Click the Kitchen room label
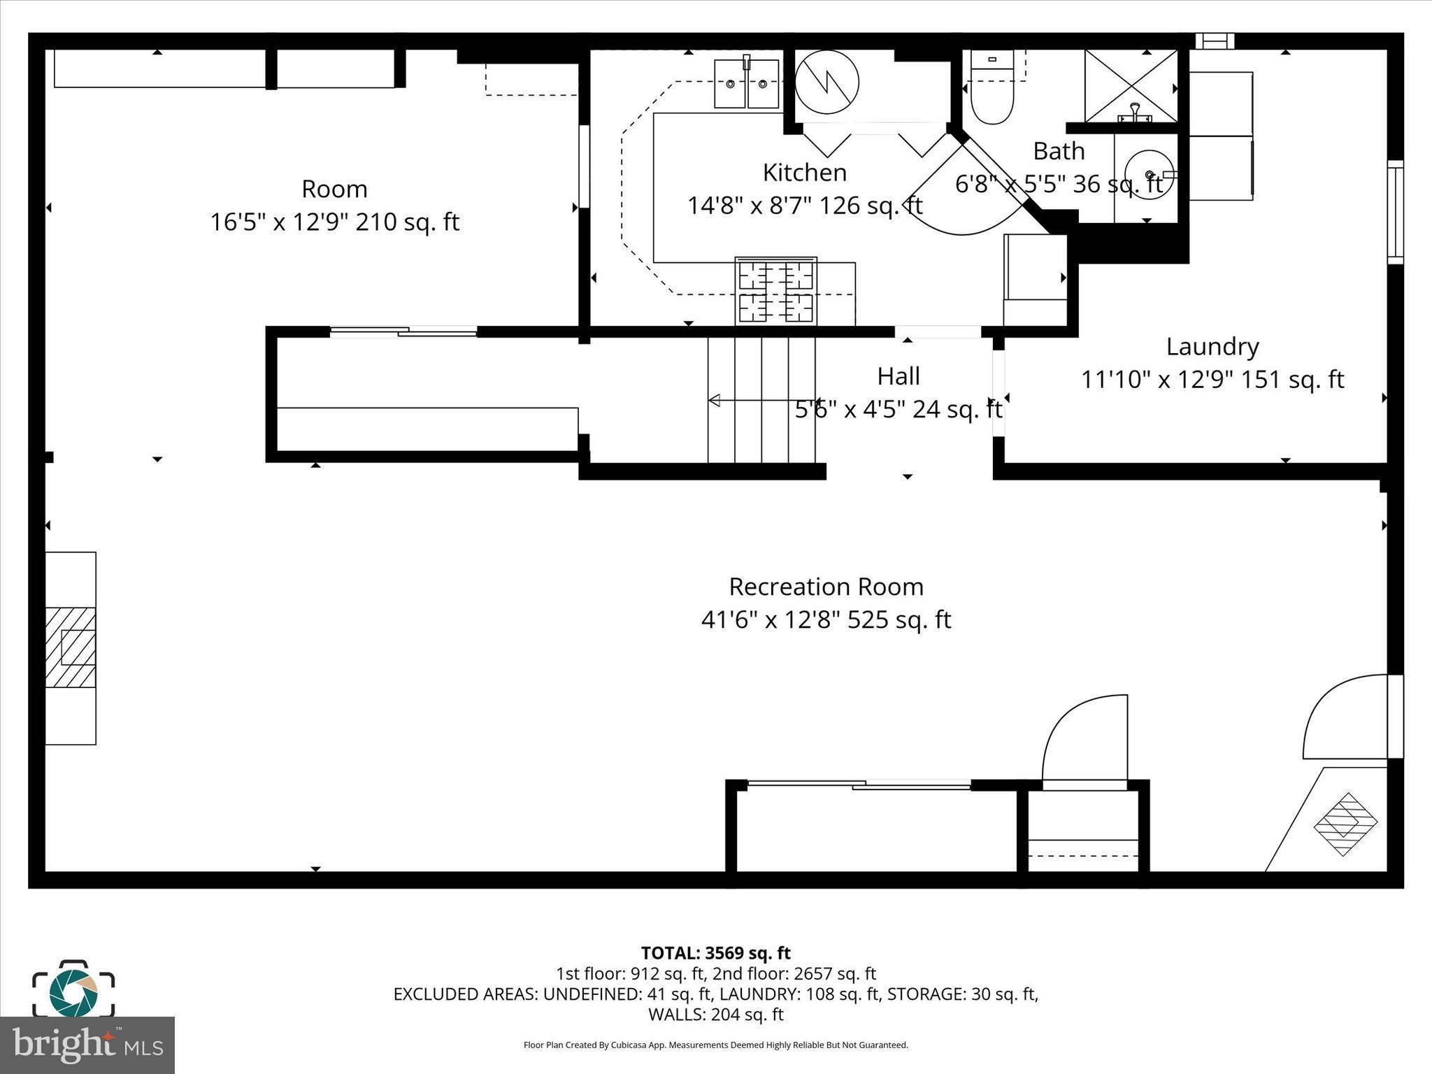(804, 172)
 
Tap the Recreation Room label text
(826, 587)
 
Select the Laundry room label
(1212, 346)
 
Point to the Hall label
(898, 376)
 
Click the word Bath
(1059, 151)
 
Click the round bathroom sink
(1149, 174)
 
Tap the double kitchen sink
(747, 84)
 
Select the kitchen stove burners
(776, 291)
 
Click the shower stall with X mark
(1131, 86)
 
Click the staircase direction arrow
(715, 401)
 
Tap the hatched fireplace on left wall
(71, 647)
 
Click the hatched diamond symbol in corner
(1345, 824)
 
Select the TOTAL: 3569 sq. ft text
(715, 953)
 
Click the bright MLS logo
(87, 1045)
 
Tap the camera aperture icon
(73, 992)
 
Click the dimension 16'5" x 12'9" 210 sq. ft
(334, 222)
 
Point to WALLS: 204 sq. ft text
(715, 1015)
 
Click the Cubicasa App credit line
(715, 1045)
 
